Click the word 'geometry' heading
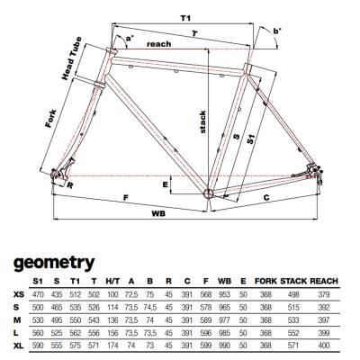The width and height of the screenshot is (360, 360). click(x=54, y=264)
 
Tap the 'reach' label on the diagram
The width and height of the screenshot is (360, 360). click(x=159, y=44)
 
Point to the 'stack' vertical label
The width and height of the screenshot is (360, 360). click(x=202, y=121)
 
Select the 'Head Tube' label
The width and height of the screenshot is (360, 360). click(x=71, y=58)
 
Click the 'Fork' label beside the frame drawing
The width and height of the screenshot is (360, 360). click(x=51, y=119)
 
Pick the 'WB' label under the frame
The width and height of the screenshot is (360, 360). click(x=158, y=213)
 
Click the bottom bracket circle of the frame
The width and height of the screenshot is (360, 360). click(x=208, y=193)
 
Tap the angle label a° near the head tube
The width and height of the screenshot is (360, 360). click(x=130, y=39)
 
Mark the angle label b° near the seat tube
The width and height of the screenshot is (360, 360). click(x=277, y=31)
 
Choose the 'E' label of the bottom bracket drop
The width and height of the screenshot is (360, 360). click(x=166, y=184)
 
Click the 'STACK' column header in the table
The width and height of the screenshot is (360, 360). click(x=293, y=281)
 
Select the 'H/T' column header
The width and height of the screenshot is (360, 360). click(x=112, y=281)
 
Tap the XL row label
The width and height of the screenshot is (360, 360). click(x=19, y=346)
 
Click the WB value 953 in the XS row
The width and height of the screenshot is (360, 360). click(x=224, y=294)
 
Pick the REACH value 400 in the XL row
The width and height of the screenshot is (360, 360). click(x=324, y=346)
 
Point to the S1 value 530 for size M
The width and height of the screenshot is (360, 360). click(x=38, y=319)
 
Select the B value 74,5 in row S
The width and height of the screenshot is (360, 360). click(x=150, y=307)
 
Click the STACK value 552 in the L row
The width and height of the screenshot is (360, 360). click(x=293, y=333)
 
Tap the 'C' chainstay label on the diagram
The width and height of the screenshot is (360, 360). click(x=266, y=198)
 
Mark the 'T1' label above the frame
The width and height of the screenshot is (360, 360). click(x=185, y=18)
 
